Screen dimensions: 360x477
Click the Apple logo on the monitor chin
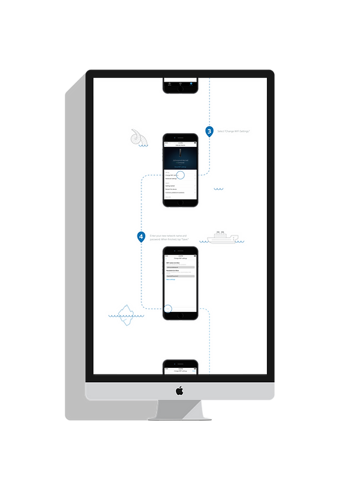pyautogui.click(x=179, y=391)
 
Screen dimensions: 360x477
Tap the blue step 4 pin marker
pyautogui.click(x=141, y=237)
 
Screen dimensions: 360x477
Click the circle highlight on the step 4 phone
pyautogui.click(x=167, y=310)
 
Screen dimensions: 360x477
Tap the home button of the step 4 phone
pyautogui.click(x=180, y=316)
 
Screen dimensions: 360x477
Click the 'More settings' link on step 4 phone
pyautogui.click(x=171, y=280)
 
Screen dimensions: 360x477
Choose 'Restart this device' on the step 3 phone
pyautogui.click(x=172, y=189)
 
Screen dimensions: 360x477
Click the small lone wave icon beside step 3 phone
pyautogui.click(x=218, y=189)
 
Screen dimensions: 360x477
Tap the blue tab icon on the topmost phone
pyautogui.click(x=191, y=85)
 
